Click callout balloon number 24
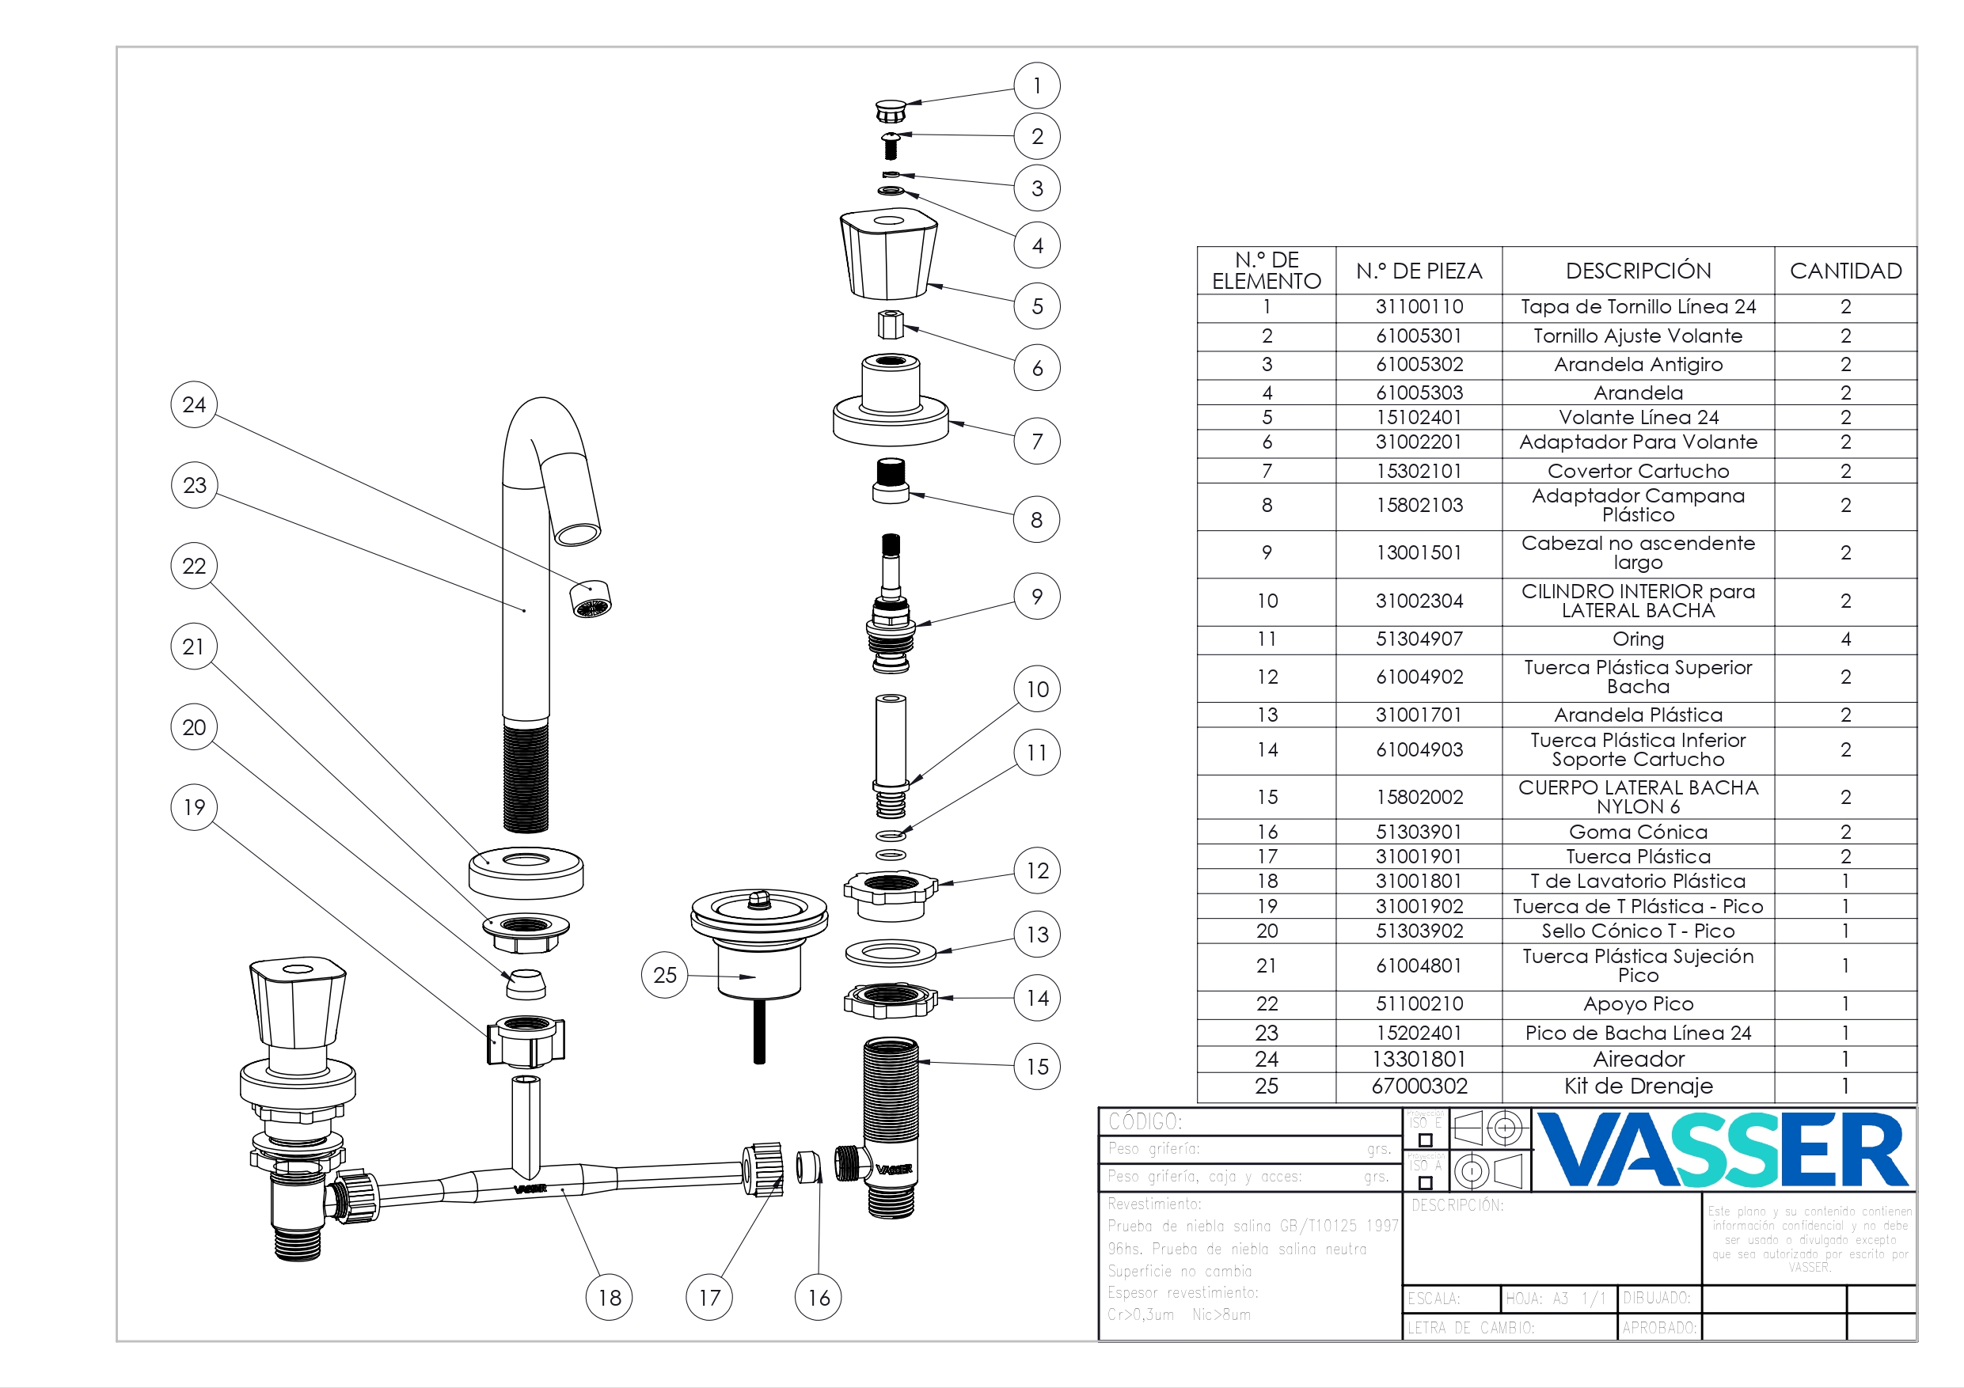pyautogui.click(x=194, y=404)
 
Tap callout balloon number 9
pyautogui.click(x=1037, y=596)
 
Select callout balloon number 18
pyautogui.click(x=609, y=1297)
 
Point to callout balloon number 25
pyautogui.click(x=665, y=975)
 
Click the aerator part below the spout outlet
pyautogui.click(x=591, y=599)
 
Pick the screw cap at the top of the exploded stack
pyautogui.click(x=891, y=111)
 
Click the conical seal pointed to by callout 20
pyautogui.click(x=525, y=984)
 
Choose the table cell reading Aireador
pyautogui.click(x=1638, y=1060)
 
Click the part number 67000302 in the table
pyautogui.click(x=1419, y=1087)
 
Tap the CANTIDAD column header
pyautogui.click(x=1845, y=271)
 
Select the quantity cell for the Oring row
pyautogui.click(x=1845, y=639)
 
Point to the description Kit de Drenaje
pyautogui.click(x=1638, y=1087)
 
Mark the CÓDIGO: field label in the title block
pyautogui.click(x=1145, y=1121)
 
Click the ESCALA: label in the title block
pyautogui.click(x=1434, y=1299)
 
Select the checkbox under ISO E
pyautogui.click(x=1425, y=1140)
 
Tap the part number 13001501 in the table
pyautogui.click(x=1419, y=552)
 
